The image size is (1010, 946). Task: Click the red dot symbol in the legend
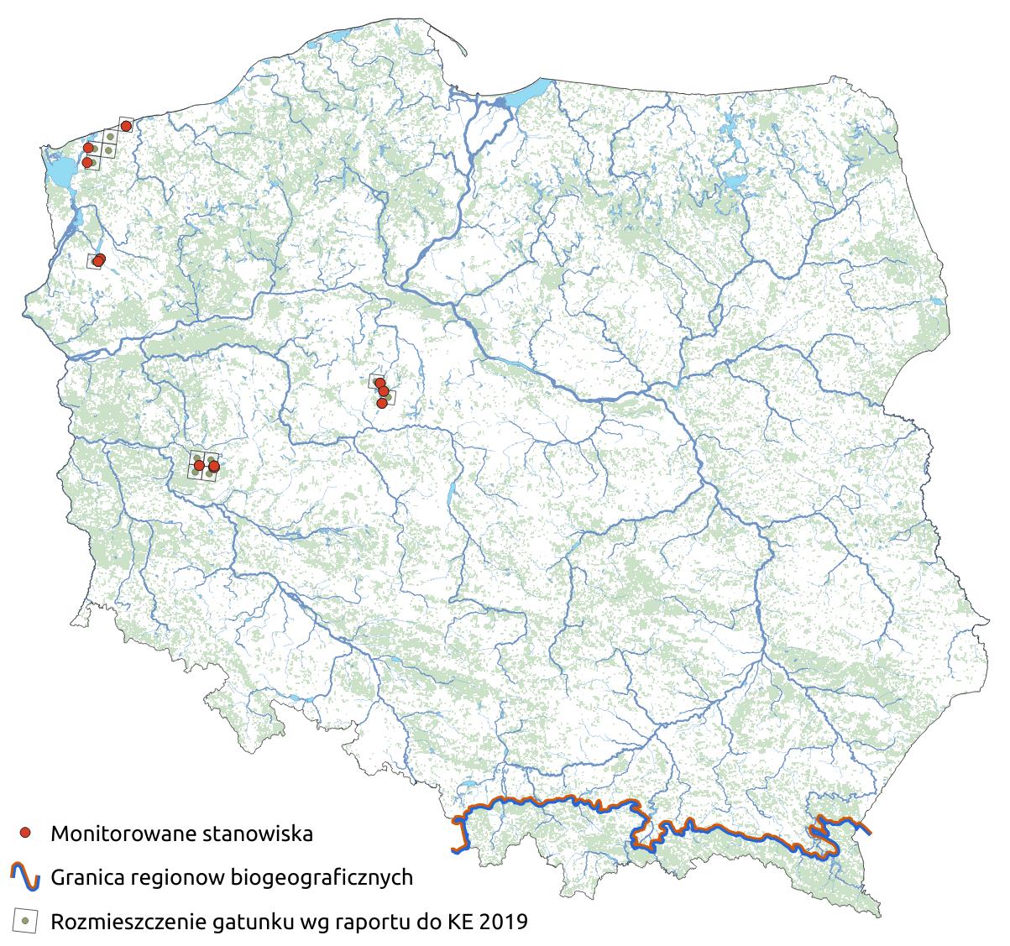click(26, 833)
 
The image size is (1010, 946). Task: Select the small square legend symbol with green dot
click(26, 921)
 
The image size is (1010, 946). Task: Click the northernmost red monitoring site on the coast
click(126, 126)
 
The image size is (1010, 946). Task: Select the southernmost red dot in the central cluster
click(382, 403)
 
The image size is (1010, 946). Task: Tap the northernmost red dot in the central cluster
click(379, 383)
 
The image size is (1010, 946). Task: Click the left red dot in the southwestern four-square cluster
click(199, 465)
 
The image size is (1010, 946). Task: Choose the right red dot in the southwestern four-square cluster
click(213, 465)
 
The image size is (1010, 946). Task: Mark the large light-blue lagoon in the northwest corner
click(60, 172)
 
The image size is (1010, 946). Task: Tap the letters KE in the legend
click(465, 922)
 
